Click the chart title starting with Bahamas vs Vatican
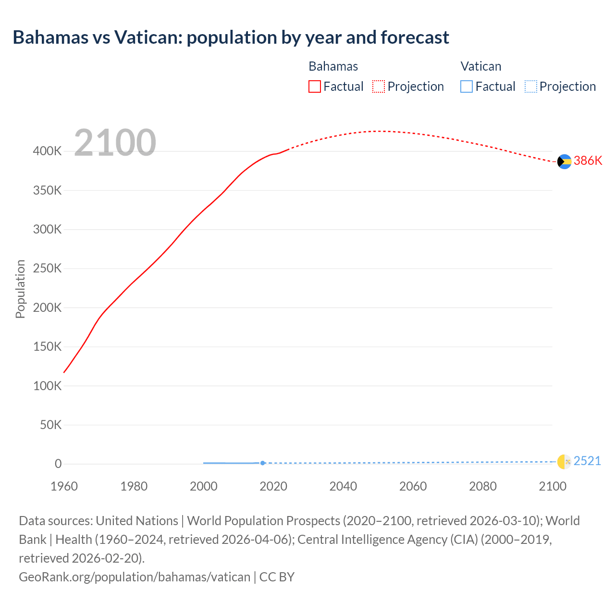point(231,37)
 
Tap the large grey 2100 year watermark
point(115,143)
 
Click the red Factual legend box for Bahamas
point(315,86)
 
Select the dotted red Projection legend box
point(379,86)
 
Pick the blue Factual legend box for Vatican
point(467,86)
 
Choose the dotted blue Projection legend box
point(530,86)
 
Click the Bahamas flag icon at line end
point(564,161)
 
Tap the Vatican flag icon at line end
point(564,462)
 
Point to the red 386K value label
point(588,161)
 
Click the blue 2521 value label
point(587,461)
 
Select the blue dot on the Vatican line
point(263,463)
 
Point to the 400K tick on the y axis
point(47,151)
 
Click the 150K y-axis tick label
point(47,346)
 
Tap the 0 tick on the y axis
point(58,464)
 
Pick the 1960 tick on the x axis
point(64,486)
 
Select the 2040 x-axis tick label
point(343,486)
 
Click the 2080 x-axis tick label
point(483,486)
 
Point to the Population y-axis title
point(20,289)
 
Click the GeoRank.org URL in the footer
point(135,577)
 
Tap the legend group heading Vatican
point(480,66)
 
